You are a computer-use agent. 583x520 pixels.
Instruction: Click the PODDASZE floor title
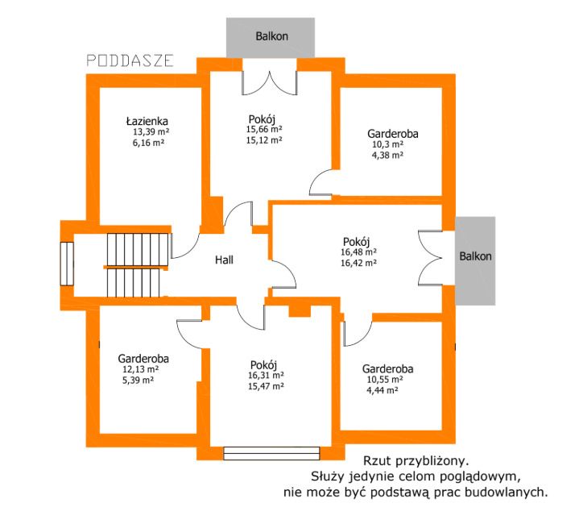tap(130, 60)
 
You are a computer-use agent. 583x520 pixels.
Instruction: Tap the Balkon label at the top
tap(271, 36)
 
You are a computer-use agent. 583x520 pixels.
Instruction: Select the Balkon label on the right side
tap(475, 256)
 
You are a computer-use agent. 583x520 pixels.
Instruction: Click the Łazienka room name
tap(147, 121)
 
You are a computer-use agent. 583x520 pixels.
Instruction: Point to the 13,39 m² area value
tap(151, 131)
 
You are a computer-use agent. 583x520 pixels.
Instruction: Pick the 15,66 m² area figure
tap(264, 129)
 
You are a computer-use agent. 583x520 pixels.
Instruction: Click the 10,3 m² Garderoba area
tap(388, 144)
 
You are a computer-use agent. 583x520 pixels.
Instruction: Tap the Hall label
tap(224, 260)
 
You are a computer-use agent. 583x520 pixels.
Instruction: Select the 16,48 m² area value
tap(358, 252)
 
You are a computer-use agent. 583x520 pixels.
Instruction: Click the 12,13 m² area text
tap(141, 369)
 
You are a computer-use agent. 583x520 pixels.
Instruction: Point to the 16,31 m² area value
tap(266, 376)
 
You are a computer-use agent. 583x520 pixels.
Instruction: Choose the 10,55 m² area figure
tap(385, 380)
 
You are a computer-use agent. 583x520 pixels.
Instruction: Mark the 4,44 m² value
tap(382, 390)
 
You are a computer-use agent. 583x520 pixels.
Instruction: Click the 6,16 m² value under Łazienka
tap(148, 143)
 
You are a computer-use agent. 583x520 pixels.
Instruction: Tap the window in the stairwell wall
tap(67, 264)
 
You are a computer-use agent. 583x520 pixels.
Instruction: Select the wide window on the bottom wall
tap(271, 453)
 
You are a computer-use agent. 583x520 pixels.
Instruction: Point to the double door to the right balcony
tap(430, 258)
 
